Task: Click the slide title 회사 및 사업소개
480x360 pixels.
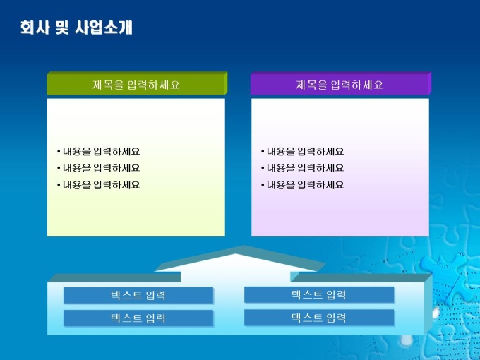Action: [x=76, y=28]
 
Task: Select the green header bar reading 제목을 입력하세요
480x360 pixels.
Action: [x=137, y=83]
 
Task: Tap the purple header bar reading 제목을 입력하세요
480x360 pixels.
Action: [x=341, y=83]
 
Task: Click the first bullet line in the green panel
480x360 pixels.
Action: [x=98, y=151]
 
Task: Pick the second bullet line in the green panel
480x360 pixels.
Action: [x=98, y=168]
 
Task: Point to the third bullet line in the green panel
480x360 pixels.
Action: [x=98, y=185]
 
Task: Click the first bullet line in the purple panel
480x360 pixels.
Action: [x=302, y=151]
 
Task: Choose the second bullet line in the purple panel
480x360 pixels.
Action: [x=302, y=168]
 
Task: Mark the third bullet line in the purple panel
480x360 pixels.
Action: [x=302, y=185]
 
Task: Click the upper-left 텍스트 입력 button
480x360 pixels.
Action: [x=138, y=295]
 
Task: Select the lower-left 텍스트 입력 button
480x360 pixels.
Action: [x=138, y=318]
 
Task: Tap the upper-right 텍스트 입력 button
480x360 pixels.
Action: [x=319, y=294]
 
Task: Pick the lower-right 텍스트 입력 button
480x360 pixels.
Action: [x=319, y=318]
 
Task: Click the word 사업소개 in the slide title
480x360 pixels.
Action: [x=104, y=28]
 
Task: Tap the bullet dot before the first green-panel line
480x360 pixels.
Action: [x=59, y=152]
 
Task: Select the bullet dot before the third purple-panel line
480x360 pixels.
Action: [x=263, y=185]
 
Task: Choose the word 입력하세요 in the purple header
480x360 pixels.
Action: [x=356, y=85]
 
